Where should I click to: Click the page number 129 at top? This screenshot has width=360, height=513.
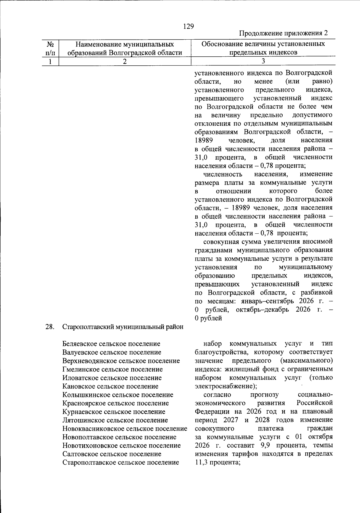(188, 26)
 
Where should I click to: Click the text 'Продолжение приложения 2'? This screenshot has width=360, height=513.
(283, 33)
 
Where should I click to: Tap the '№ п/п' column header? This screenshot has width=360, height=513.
(50, 49)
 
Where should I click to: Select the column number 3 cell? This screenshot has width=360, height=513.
(263, 61)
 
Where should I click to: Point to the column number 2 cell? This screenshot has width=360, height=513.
(124, 61)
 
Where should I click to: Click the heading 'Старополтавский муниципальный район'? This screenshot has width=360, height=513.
(123, 327)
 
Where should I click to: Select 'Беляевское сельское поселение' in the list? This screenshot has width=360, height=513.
(111, 344)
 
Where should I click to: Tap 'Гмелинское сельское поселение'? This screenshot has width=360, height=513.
(112, 369)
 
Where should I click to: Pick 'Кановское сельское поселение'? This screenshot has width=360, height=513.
(110, 386)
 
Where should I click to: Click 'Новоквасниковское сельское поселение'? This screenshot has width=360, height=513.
(125, 429)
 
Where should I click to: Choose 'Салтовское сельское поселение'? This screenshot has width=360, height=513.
(112, 454)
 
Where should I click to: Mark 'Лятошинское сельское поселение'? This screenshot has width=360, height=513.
(115, 420)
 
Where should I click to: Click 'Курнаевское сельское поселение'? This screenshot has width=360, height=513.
(114, 412)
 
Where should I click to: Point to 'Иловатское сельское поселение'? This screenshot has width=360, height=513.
(112, 378)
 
